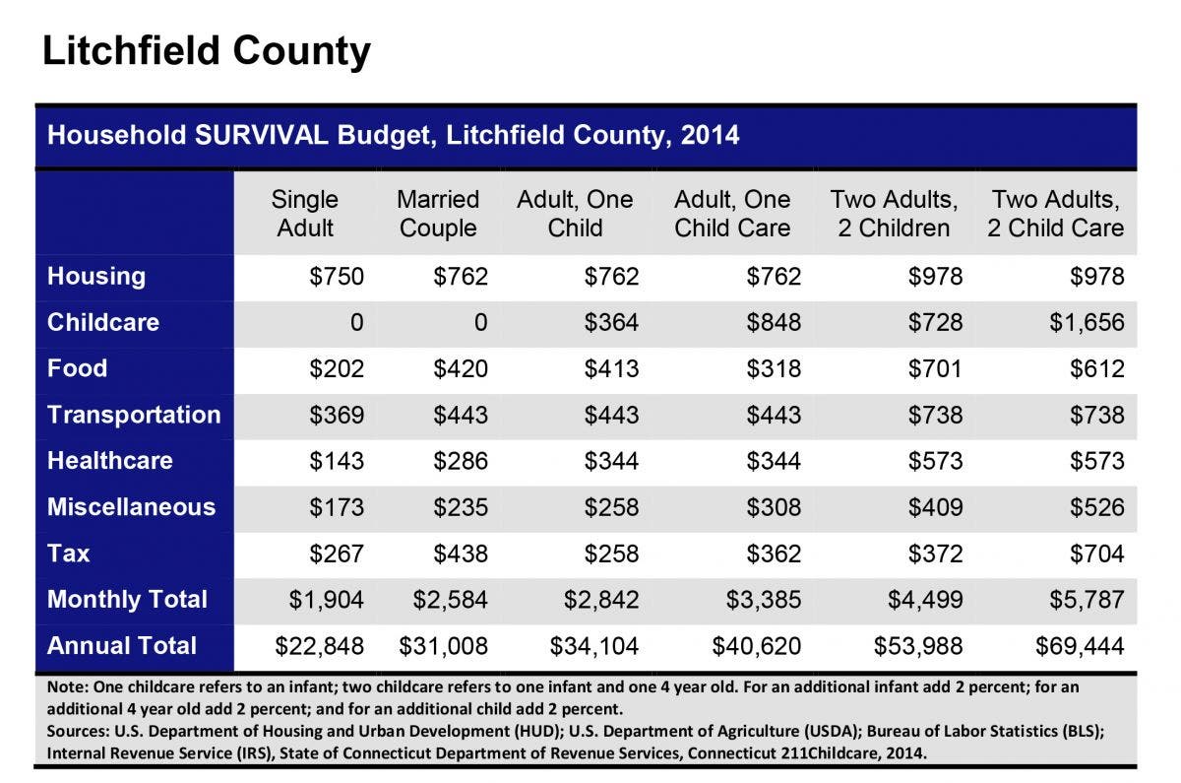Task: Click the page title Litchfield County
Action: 206,51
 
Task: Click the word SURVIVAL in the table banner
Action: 262,135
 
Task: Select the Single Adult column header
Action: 305,214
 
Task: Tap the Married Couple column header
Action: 438,214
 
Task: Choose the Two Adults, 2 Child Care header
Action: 1055,214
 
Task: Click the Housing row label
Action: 96,277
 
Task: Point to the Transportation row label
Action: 134,415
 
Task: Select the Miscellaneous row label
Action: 131,507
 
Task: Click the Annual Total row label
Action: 122,646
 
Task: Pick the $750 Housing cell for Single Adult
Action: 337,277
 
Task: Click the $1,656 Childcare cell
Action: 1087,322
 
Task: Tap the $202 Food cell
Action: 337,368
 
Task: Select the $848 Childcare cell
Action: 774,322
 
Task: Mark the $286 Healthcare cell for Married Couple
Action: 461,461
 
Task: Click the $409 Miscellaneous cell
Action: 935,507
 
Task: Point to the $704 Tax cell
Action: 1097,554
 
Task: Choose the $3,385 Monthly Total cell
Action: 764,600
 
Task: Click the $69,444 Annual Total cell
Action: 1080,646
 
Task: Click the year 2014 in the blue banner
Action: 711,135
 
